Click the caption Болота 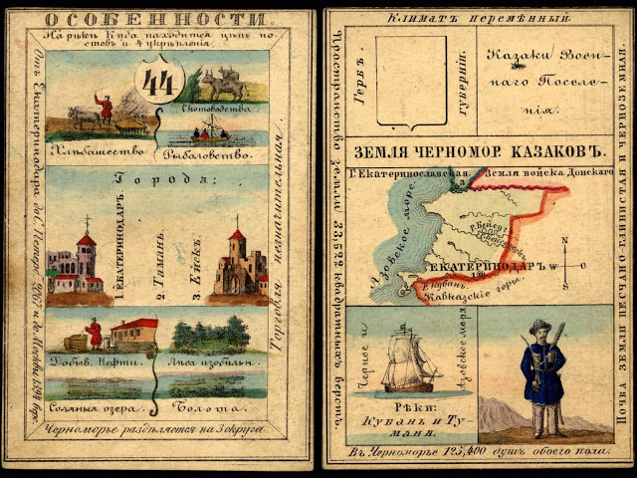[x=215, y=407]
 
